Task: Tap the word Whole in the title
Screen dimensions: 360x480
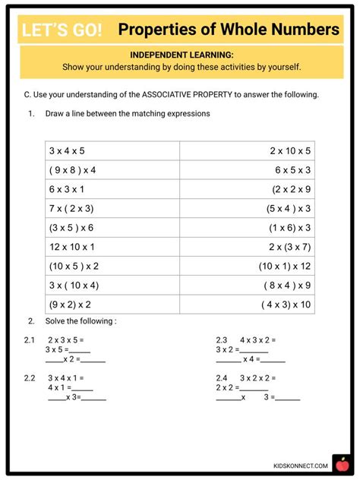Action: coord(237,30)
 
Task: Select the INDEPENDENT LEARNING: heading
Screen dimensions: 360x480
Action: coord(182,55)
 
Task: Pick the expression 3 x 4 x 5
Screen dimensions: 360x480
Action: coord(67,150)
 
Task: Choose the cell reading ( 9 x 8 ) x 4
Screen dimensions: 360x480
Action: coord(73,169)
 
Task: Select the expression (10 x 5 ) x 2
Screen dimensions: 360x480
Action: coord(74,266)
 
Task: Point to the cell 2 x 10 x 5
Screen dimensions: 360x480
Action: coord(290,150)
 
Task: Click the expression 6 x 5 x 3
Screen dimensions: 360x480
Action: coord(292,169)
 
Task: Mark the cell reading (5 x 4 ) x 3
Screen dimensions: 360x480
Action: coord(289,208)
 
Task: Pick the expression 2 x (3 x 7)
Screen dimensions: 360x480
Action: coord(289,247)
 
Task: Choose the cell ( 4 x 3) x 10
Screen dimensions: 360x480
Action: coord(286,305)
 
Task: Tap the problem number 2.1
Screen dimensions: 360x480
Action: coord(30,339)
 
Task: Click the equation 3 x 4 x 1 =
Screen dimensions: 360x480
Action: coord(66,377)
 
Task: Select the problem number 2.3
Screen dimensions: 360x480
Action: coord(222,339)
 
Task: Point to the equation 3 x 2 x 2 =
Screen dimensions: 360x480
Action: coord(258,377)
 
